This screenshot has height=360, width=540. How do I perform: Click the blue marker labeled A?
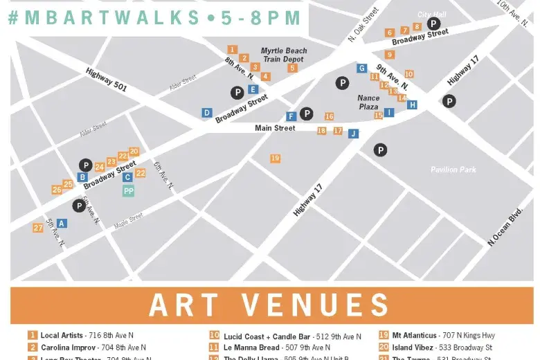click(x=62, y=223)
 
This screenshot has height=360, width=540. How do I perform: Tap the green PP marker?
click(x=128, y=191)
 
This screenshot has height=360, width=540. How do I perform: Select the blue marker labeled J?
click(x=353, y=134)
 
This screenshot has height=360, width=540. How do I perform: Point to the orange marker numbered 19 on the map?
click(x=276, y=159)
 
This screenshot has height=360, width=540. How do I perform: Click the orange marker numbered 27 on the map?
click(x=37, y=228)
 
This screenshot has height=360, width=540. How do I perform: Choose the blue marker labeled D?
click(x=206, y=112)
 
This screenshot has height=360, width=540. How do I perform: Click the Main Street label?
click(x=275, y=128)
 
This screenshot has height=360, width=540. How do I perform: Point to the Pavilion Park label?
click(x=453, y=170)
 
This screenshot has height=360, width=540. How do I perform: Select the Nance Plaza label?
click(x=368, y=102)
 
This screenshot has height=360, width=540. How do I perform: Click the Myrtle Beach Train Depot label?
click(x=284, y=55)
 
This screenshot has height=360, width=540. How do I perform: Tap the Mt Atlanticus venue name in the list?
click(x=413, y=336)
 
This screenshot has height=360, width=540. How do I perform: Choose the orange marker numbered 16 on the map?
click(x=329, y=116)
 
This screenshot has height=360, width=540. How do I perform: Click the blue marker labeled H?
click(x=412, y=105)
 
